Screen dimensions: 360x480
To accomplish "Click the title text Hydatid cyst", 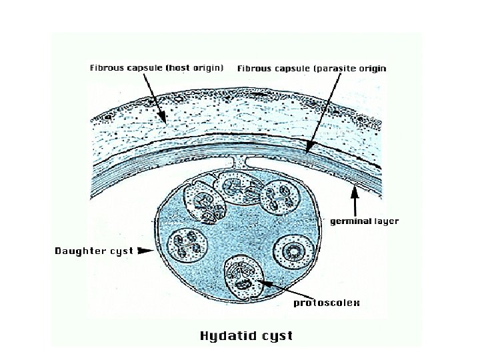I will coord(246,335).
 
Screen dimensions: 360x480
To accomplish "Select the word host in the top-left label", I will coord(179,67).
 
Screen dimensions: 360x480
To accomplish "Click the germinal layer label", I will coord(364,221).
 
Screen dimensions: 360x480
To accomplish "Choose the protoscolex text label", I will coord(327,303).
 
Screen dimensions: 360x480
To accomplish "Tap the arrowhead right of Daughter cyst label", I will coord(143,251).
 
